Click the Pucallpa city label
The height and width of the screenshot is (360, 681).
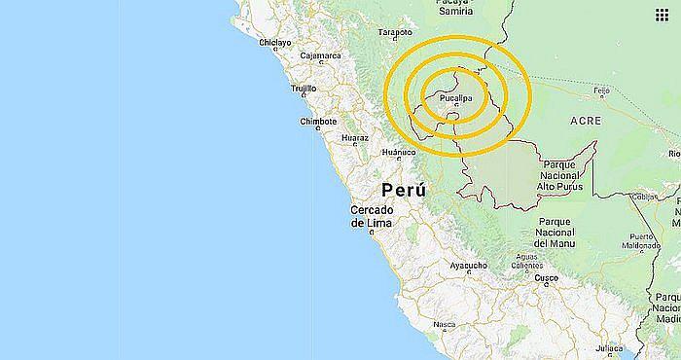[455, 99]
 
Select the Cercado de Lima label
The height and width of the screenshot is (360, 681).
[372, 216]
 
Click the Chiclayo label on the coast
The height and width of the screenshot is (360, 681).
[276, 43]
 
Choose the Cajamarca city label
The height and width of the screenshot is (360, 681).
[321, 55]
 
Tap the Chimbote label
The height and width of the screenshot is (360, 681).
[318, 122]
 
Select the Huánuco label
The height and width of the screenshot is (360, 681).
[398, 153]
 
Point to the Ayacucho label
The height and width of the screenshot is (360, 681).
[468, 264]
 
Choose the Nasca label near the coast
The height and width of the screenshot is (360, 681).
[445, 325]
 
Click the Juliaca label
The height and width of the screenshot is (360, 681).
[609, 346]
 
